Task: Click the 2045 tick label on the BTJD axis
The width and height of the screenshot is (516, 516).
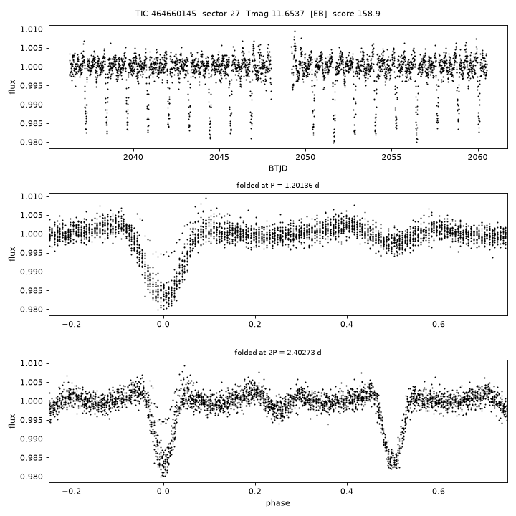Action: (219, 157)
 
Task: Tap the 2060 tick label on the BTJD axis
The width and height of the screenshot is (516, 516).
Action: (477, 157)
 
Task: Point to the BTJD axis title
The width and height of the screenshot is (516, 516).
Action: (278, 168)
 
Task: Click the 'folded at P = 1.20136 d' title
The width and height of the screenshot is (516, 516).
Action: (278, 186)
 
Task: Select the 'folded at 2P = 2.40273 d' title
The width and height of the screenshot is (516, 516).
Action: (278, 353)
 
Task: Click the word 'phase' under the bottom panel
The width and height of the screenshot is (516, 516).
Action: (278, 503)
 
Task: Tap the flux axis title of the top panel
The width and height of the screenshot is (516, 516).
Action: (12, 87)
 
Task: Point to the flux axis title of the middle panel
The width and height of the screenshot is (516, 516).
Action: (12, 254)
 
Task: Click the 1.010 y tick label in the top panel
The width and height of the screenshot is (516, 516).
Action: (32, 29)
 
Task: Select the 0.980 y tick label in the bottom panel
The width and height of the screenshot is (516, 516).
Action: (32, 477)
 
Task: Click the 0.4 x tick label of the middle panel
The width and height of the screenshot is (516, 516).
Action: (347, 325)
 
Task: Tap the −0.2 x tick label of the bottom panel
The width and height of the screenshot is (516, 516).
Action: (72, 492)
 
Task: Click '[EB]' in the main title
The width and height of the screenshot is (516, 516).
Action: (318, 14)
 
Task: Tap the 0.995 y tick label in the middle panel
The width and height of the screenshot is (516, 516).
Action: (32, 253)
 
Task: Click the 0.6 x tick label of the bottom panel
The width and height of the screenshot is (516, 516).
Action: (439, 492)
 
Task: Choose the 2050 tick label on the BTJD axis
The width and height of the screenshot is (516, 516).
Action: (305, 157)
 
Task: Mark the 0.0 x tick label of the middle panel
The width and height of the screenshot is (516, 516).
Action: (163, 325)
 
